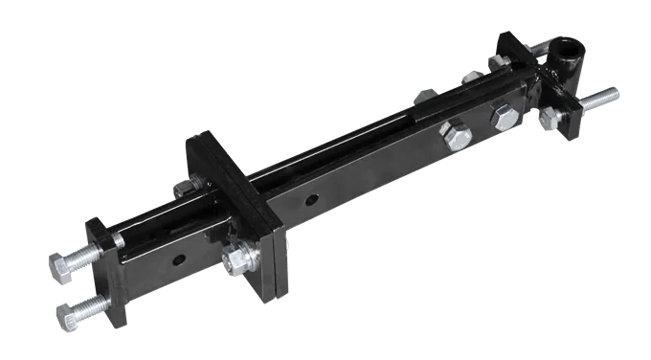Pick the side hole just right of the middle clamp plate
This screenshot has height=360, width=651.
pyautogui.click(x=312, y=200)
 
